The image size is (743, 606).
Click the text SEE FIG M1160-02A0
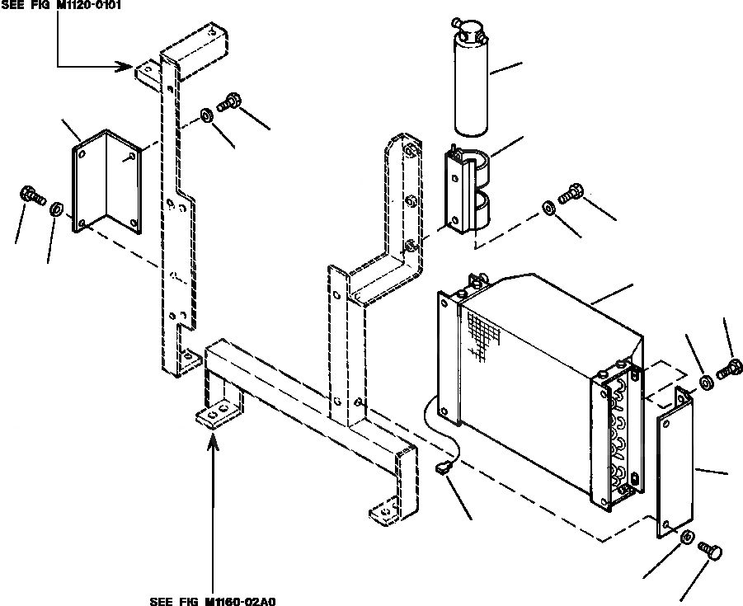[213, 600]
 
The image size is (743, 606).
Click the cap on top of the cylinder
[473, 31]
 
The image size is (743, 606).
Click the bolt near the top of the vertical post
[228, 103]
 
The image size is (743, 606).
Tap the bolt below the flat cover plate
[708, 549]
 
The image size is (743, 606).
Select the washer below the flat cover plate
[686, 538]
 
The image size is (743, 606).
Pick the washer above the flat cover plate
[707, 382]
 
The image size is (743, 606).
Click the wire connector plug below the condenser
[443, 469]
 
